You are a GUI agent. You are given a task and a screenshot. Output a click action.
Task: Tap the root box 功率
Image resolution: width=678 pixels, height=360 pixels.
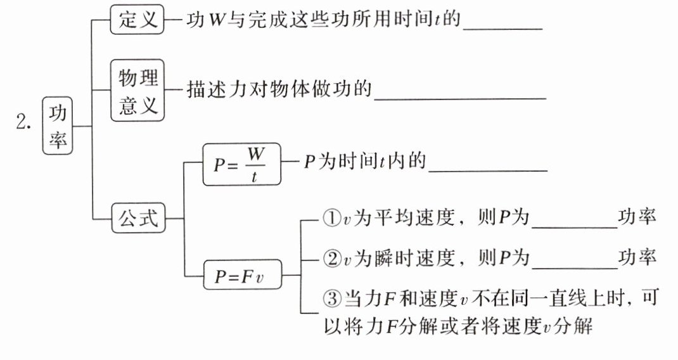58,125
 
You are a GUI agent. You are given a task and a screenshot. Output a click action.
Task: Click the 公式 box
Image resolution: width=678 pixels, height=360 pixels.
138,219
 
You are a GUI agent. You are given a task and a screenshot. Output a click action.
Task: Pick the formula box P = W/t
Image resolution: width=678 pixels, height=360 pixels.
241,164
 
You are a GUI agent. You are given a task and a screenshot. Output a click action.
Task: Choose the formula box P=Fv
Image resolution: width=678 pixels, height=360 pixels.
241,276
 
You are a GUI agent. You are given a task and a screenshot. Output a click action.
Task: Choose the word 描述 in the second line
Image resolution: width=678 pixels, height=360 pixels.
203,91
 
